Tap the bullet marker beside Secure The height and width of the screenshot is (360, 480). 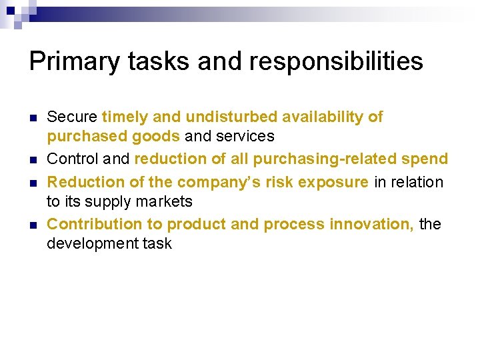(32, 117)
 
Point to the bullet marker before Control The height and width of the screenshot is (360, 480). (32, 160)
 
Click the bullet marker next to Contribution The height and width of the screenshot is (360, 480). (32, 225)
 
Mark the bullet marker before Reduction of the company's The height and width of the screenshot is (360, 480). (32, 182)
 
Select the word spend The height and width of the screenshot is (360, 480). (427, 159)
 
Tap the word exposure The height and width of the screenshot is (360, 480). (335, 182)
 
